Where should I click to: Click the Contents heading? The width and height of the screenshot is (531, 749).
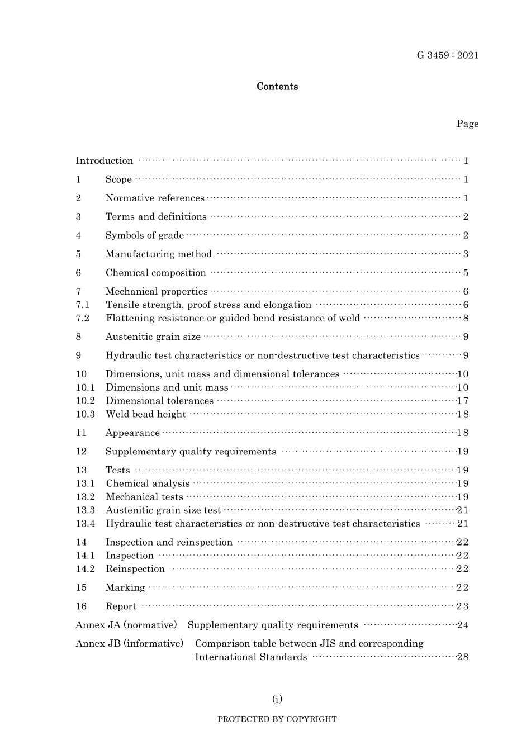coord(277,87)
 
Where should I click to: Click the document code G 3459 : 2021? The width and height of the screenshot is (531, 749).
coord(447,55)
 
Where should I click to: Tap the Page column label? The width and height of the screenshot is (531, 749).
coord(467,124)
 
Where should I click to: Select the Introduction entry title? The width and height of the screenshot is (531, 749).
coord(105,161)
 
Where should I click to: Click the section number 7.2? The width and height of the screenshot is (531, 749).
coord(83,319)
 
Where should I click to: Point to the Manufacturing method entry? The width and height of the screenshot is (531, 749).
coord(159,254)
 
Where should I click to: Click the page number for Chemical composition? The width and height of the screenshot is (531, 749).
coord(466,273)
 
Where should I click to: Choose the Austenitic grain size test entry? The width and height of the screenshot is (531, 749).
coord(163,510)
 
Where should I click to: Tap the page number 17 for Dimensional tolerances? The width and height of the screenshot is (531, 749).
coord(463,401)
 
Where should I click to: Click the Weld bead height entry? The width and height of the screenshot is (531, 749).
coord(146,415)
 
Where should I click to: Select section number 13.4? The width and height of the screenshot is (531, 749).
coord(86,524)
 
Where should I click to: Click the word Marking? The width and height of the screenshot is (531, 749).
coord(125,588)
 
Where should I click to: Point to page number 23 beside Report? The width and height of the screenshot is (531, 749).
coord(463,606)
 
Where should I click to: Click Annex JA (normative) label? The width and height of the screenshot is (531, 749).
coord(126,625)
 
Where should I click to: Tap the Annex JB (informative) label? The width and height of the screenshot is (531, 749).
coord(130,644)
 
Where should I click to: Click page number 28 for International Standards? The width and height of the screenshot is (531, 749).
coord(463,657)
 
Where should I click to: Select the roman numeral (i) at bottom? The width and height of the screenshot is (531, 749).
coord(277,699)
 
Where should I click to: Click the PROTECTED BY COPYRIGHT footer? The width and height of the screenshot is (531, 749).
coord(277,719)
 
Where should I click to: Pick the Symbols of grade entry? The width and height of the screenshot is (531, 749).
coord(145,235)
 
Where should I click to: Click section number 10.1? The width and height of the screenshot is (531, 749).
coord(86,388)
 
